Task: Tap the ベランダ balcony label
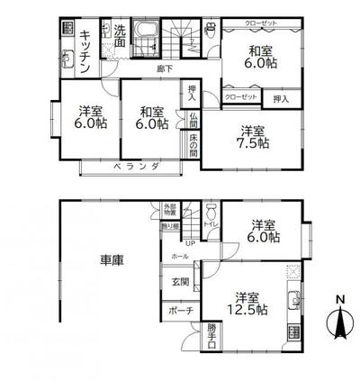tap(136, 167)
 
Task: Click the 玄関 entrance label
tap(180, 282)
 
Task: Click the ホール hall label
tap(180, 258)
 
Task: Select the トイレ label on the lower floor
tap(212, 225)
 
